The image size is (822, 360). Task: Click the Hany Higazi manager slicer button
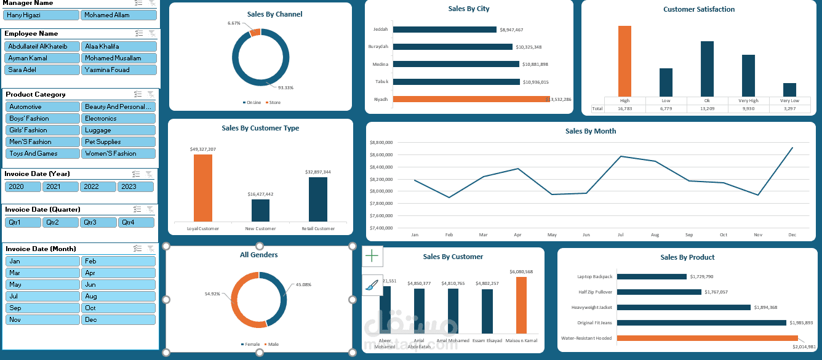tap(41, 15)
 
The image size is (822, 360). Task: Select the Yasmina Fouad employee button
tap(119, 70)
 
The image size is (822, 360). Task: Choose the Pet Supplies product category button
tap(119, 142)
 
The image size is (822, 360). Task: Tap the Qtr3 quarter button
tap(98, 222)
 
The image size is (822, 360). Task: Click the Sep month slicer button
tap(42, 308)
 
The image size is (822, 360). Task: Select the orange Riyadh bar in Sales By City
tap(471, 99)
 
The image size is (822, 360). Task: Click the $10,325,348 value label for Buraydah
tap(529, 47)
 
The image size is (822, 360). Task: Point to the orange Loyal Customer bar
tap(203, 188)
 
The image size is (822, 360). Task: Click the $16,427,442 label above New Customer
tap(260, 194)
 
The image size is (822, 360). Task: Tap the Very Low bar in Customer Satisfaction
tap(789, 90)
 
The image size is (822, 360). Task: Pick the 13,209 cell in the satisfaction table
tap(707, 109)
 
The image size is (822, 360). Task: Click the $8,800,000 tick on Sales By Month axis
tap(381, 143)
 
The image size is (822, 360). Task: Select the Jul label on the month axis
tap(621, 234)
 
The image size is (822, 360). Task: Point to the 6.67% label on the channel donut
tap(234, 23)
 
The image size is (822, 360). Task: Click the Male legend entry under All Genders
tap(271, 344)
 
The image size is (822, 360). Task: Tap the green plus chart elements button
tap(372, 255)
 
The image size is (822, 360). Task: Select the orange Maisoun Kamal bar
tap(521, 305)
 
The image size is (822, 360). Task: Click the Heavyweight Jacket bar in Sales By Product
tap(683, 307)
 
